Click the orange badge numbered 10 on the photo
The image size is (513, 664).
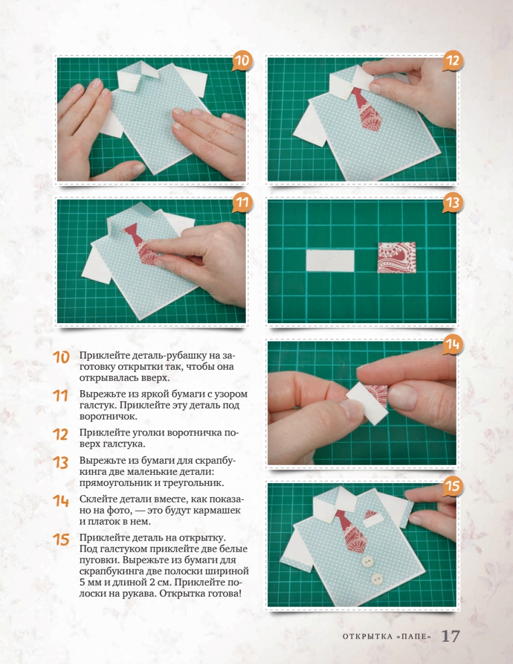pos(242,61)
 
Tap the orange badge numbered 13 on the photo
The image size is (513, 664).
pos(453,203)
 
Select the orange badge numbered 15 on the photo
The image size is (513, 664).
pos(453,485)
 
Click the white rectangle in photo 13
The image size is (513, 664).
pos(330,261)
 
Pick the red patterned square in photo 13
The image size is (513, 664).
pos(397,257)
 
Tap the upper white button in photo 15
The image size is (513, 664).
pos(367,561)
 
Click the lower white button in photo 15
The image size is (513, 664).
pos(377,578)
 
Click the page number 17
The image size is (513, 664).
pos(450,636)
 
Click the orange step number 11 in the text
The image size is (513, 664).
pos(60,396)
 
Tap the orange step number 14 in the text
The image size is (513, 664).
pos(61,501)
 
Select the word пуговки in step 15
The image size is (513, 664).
pos(98,560)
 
